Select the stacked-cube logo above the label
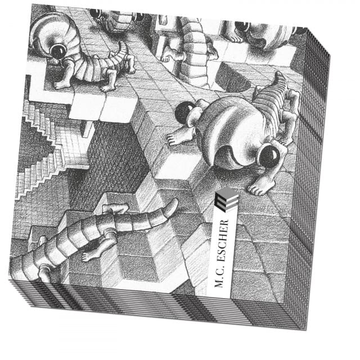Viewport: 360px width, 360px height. [227, 199]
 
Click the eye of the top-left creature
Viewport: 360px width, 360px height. [57, 51]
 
